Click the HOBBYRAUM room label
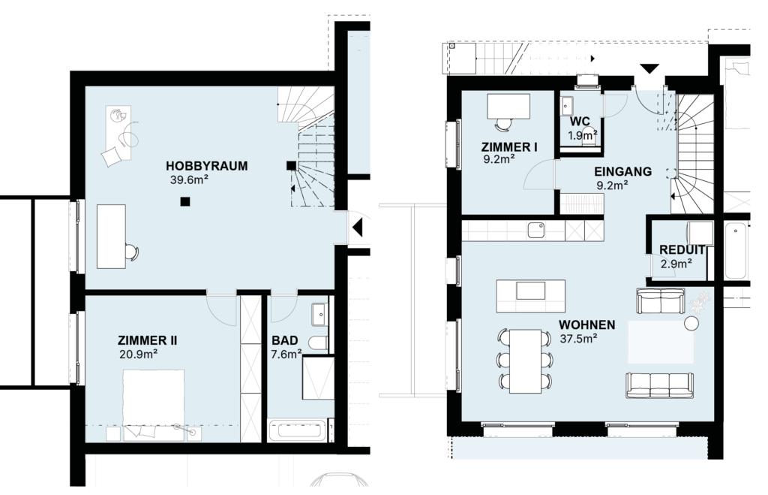coord(206,166)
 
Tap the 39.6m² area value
coord(189,180)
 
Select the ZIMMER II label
coord(148,340)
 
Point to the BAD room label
coord(284,340)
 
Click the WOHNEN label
coord(586,324)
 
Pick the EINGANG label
coord(623,172)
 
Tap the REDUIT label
coord(682,249)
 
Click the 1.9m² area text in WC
coord(582,135)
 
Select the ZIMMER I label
coord(509,147)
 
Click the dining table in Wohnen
coord(526,361)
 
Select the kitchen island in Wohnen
coord(530,296)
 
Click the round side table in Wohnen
coord(691,324)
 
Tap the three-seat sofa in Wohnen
coord(659,385)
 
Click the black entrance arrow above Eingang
coord(649,69)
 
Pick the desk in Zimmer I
coord(508,107)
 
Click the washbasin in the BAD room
coord(319,315)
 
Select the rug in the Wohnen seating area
coord(661,342)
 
